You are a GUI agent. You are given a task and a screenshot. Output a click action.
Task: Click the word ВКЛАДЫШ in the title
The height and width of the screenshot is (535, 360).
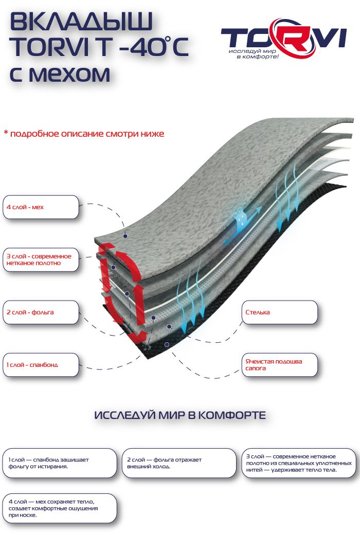coord(81,23)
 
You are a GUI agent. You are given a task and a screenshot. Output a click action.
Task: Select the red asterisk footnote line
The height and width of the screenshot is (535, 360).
coord(84,134)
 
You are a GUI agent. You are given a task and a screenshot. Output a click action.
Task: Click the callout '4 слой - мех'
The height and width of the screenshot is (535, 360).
coord(41,207)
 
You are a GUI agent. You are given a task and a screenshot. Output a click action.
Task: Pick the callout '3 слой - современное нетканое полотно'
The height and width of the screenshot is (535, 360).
coord(41,260)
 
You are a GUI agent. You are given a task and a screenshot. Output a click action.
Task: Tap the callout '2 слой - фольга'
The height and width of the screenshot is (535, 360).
coord(41,312)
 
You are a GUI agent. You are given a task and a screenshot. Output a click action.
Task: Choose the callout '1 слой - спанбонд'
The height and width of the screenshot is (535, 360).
coord(41,365)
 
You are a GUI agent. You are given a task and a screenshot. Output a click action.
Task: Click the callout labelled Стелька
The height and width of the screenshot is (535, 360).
coord(279,312)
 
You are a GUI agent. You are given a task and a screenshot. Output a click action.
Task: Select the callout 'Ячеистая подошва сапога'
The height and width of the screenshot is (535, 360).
coord(279,365)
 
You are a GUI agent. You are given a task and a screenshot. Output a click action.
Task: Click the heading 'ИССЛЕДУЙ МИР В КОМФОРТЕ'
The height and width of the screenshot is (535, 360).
coord(180,415)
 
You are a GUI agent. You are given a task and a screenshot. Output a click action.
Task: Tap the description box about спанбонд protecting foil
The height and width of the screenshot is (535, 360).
coord(59,463)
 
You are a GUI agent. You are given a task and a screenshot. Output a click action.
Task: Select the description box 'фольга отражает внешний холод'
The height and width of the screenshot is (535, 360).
coord(177,463)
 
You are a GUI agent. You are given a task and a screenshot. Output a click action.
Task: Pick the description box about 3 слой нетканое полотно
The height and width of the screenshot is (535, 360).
coord(298,463)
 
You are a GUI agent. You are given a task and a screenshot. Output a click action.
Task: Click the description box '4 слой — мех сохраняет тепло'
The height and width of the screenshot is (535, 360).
coord(59,508)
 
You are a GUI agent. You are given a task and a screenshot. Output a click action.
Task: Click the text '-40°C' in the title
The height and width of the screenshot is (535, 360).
coord(154,48)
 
